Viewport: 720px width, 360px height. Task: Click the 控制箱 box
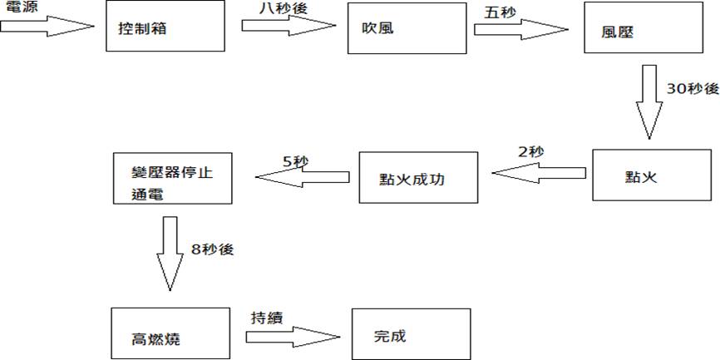coord(165,27)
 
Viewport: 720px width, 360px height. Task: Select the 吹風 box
coord(407,27)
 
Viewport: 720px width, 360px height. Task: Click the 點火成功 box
coord(418,177)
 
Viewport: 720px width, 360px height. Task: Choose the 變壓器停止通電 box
coord(171,178)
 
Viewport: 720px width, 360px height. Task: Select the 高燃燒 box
coord(170,333)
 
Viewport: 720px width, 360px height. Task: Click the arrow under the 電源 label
coord(47,27)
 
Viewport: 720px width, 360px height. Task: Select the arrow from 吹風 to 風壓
coord(520,28)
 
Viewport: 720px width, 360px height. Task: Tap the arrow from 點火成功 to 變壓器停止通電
coord(302,175)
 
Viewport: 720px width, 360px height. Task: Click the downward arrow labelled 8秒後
coord(170,253)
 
